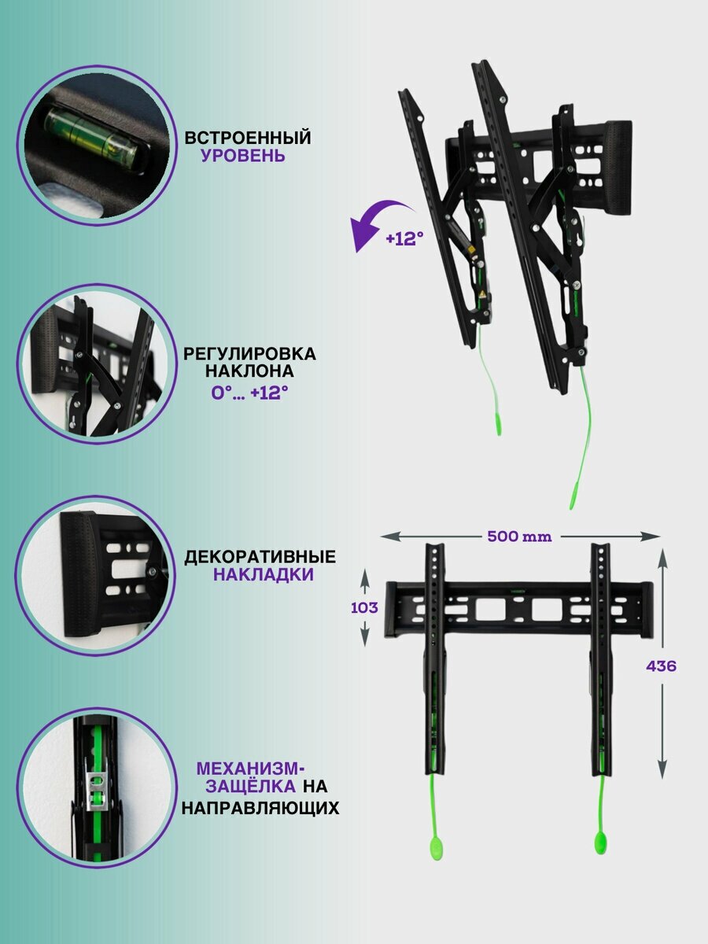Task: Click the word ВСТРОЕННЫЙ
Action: coord(248,138)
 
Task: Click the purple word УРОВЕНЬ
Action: coord(243,156)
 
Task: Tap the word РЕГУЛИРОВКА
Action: coord(249,354)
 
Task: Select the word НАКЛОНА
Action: coord(249,371)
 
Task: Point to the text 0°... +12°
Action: coord(249,393)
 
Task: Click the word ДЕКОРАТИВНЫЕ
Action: coord(260,557)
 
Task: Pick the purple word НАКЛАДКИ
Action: coord(263,574)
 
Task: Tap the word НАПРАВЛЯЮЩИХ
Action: coord(260,808)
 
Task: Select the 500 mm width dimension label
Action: coord(519,537)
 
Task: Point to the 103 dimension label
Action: coord(364,607)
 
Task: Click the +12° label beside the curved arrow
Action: coord(404,238)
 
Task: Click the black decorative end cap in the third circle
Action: coord(79,574)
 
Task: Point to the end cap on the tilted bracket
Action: coord(618,167)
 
